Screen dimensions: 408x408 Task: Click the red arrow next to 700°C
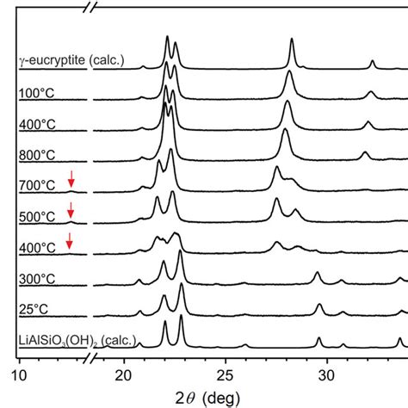point(71,180)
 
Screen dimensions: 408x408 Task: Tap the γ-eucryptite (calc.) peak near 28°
point(292,40)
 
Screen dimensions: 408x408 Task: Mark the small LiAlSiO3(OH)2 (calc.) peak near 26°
point(245,345)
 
